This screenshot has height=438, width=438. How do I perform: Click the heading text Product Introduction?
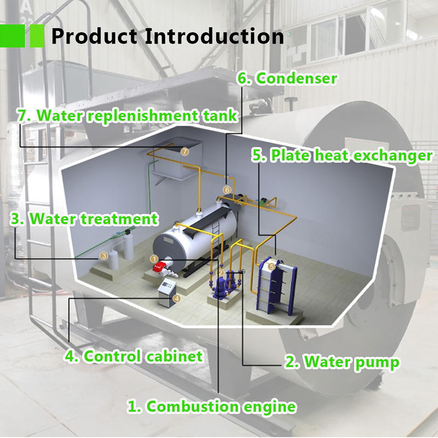(168, 36)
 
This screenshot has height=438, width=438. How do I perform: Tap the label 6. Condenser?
(286, 78)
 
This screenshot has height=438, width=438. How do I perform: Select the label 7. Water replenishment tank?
(128, 116)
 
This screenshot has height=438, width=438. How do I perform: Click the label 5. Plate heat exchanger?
(342, 155)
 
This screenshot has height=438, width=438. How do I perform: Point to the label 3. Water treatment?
(84, 219)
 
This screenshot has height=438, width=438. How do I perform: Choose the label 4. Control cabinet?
(134, 356)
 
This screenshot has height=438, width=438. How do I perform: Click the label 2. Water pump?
(342, 362)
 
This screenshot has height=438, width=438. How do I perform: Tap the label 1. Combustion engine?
(212, 407)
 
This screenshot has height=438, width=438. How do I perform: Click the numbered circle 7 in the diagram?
(185, 151)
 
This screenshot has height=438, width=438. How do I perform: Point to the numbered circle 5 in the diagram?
(272, 266)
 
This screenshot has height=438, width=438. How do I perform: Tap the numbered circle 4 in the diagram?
(176, 299)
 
